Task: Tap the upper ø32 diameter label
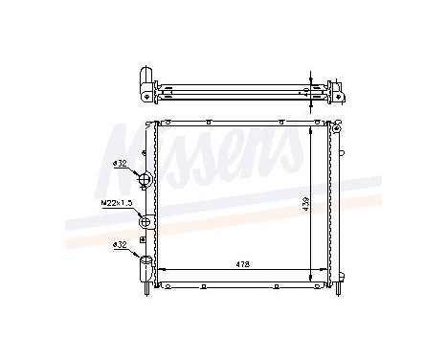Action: coord(120,164)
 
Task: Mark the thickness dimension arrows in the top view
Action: coord(311,85)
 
